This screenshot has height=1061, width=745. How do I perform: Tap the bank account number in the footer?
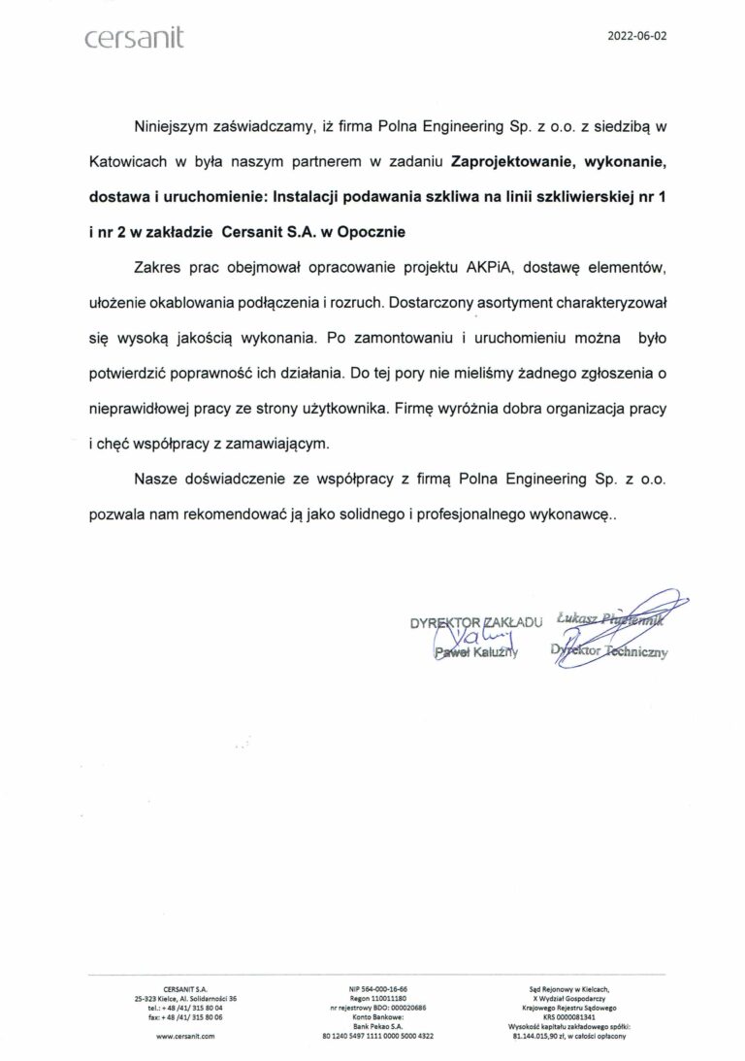(377, 1036)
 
